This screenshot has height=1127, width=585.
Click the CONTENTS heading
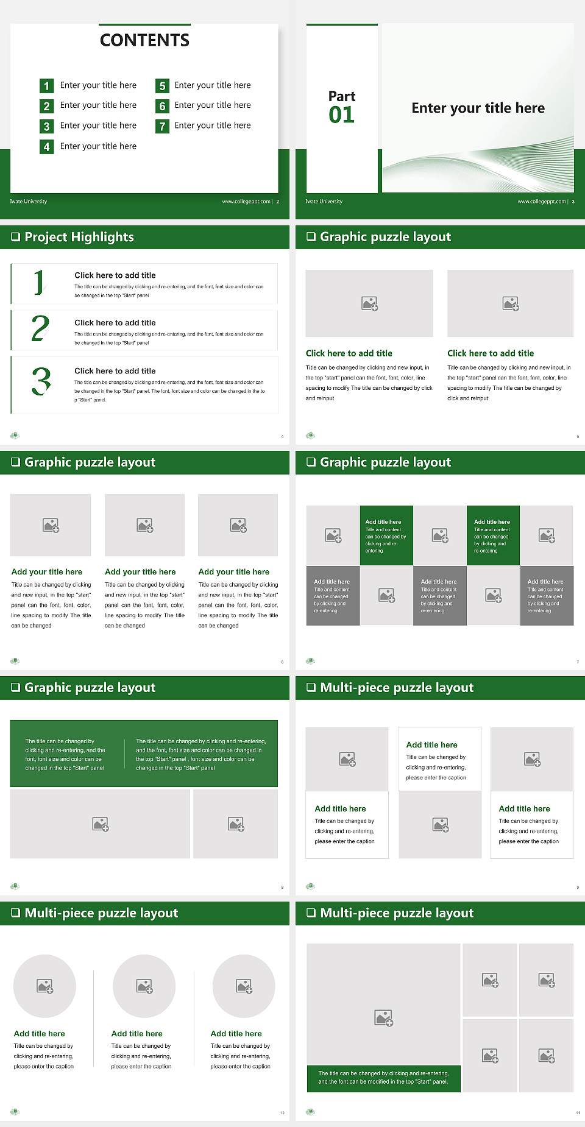point(144,40)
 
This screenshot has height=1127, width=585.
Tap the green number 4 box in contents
point(46,147)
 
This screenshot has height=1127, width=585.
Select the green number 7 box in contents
point(162,126)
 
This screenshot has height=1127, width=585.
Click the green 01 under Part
point(341,115)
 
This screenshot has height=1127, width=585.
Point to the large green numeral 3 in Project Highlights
point(41,381)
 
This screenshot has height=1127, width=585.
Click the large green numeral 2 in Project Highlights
point(40,328)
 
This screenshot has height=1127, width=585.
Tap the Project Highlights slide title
point(79,237)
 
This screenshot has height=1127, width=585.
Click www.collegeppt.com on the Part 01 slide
point(541,202)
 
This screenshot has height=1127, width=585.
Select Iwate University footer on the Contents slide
point(29,202)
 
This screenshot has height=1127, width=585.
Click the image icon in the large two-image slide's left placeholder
point(101,824)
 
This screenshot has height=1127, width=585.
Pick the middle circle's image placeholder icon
point(144,986)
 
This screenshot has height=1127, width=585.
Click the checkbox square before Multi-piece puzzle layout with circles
point(16,913)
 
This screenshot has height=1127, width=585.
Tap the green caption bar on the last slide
point(383,1078)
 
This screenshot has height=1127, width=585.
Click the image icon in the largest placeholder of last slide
point(383,1017)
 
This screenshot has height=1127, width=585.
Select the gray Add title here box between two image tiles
point(439,595)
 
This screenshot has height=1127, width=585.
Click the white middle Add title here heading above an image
point(431,744)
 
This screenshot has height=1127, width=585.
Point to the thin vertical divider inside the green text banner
point(124,754)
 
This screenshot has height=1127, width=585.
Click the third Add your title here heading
point(233,572)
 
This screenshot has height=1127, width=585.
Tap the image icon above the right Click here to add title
point(510,303)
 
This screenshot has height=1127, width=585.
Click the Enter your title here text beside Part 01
point(478,108)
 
